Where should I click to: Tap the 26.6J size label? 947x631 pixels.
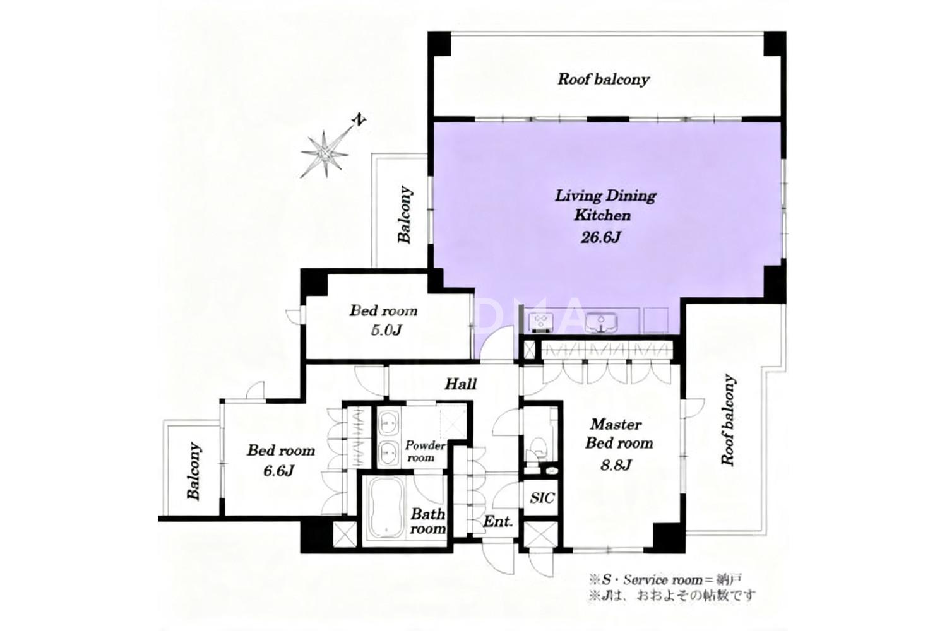[600, 237]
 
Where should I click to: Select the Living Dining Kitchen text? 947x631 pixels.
[605, 206]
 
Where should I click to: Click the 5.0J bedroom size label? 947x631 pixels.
[386, 330]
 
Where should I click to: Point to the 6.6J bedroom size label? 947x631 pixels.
[278, 470]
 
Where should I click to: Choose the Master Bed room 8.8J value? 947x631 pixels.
[616, 465]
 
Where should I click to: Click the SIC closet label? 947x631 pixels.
[542, 498]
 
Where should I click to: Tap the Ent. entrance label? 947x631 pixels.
[498, 521]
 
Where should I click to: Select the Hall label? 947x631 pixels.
[460, 384]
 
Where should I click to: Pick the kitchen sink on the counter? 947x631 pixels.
[600, 323]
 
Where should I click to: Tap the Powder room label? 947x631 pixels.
[425, 451]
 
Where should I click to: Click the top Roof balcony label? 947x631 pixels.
[604, 79]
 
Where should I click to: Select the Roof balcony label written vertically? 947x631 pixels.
[728, 420]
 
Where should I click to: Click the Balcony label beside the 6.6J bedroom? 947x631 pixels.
[194, 471]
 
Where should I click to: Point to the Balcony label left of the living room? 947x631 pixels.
[405, 215]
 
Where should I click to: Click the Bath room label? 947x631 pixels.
[428, 521]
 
